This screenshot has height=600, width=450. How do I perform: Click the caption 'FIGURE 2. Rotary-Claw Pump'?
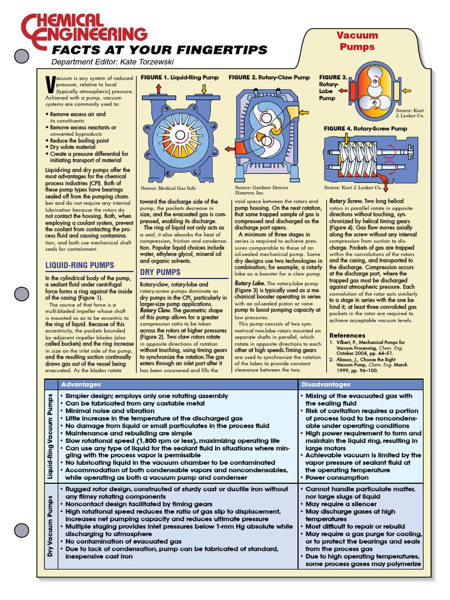coord(269,77)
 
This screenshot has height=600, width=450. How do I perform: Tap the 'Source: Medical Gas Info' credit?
coord(167,189)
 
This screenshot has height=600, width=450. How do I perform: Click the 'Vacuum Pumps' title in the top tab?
coord(357,40)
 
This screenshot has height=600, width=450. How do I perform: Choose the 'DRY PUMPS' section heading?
coord(159,272)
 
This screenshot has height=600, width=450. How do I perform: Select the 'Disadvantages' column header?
coord(326,384)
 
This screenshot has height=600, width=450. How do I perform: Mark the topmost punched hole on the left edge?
coord(21,56)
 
